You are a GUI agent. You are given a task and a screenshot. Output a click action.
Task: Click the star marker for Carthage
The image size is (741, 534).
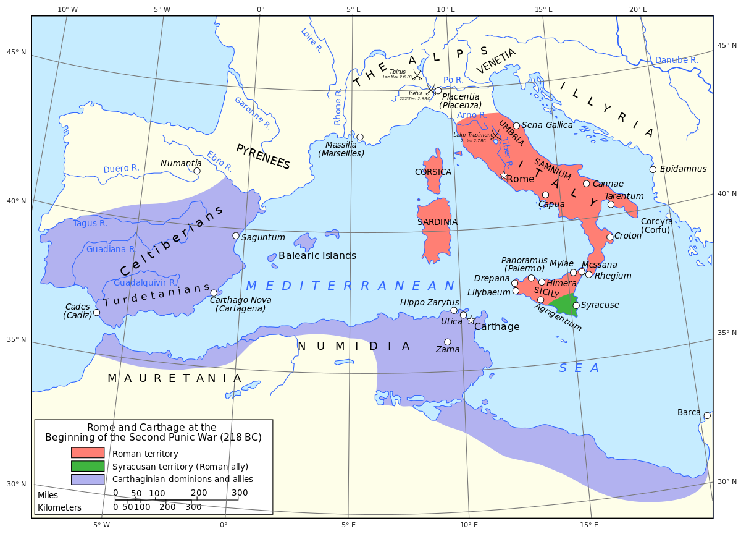[x=471, y=320]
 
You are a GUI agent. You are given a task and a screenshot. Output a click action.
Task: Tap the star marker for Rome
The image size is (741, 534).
[x=504, y=176]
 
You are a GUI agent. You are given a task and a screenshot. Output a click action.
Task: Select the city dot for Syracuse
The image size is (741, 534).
[x=576, y=305]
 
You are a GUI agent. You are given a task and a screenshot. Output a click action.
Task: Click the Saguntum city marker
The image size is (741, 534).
[x=236, y=235]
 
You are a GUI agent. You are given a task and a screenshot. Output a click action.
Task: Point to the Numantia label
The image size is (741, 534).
[x=181, y=163]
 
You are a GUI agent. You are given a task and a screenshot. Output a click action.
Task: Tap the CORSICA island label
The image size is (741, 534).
[x=433, y=172]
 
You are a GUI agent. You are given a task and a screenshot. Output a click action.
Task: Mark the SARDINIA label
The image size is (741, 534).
[x=437, y=222]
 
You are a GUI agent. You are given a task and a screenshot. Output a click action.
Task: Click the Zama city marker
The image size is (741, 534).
[x=448, y=342]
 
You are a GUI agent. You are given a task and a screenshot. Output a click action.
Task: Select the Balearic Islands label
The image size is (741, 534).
[x=317, y=255]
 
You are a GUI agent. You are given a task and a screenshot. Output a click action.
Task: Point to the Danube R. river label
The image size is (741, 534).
[x=676, y=61]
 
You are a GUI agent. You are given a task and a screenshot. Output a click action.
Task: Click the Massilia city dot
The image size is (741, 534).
[x=360, y=137]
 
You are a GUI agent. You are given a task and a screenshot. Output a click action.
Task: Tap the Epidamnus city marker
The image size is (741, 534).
[x=653, y=169]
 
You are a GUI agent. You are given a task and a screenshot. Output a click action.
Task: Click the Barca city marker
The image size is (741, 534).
[x=707, y=416]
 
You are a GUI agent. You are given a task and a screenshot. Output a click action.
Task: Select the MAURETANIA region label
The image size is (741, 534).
[x=175, y=378]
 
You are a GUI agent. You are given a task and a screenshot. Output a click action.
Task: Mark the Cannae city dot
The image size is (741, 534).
[x=587, y=184]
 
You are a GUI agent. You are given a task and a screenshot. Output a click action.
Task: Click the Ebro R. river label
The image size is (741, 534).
[x=219, y=161]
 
